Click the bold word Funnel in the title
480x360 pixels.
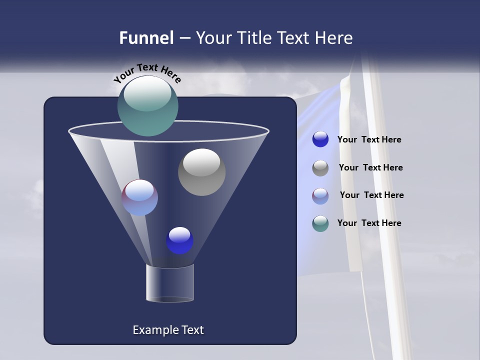(146, 38)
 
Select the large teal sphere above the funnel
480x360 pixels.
(148, 105)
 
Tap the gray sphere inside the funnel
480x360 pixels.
(201, 172)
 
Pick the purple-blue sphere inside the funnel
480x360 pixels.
(140, 197)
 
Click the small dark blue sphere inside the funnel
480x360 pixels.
(180, 240)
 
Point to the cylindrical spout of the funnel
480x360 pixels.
(169, 283)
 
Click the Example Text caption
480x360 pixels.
(168, 330)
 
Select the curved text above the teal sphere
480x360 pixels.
(147, 73)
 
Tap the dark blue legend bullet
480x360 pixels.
(320, 139)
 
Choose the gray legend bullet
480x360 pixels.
(320, 167)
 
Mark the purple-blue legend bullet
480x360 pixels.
(320, 195)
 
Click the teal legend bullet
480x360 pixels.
(320, 223)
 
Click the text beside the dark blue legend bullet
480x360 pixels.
(369, 140)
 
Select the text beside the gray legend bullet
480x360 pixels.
(370, 167)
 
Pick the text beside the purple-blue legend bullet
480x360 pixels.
(371, 195)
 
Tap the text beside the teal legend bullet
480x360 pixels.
(369, 223)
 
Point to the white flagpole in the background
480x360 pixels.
(380, 200)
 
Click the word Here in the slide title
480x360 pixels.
(333, 38)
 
